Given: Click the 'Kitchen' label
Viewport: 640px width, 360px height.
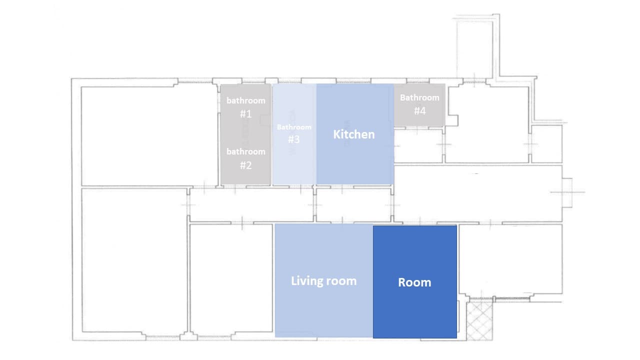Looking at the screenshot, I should point(353,134).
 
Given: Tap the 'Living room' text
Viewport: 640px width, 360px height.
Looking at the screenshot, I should point(323,281).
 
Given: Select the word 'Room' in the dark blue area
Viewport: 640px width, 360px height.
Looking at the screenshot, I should point(414,282).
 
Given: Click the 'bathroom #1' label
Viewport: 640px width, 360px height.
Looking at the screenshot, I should point(245,107).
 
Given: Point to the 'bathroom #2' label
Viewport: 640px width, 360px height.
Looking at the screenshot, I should point(245,158).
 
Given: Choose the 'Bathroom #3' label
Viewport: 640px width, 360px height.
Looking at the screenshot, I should point(294,133).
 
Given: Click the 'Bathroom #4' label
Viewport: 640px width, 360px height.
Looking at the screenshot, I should point(419,104).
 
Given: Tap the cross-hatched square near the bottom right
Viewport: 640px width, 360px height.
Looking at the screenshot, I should point(479,320).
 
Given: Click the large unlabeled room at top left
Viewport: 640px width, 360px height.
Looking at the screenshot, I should point(147,135).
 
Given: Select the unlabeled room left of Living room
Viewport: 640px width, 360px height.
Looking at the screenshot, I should point(231,280).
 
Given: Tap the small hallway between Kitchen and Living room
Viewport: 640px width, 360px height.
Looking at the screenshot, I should point(354,204).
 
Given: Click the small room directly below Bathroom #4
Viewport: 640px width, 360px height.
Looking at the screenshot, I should point(418,146).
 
